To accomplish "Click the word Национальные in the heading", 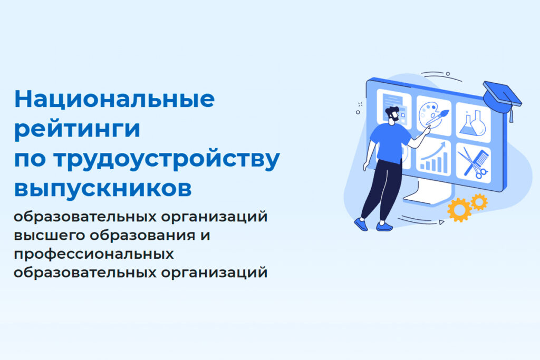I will pos(114,99).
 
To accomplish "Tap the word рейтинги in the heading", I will pos(77,130).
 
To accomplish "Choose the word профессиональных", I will pos(94,254).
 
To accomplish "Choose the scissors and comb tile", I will pos(473,162).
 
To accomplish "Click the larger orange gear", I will pos(459,210).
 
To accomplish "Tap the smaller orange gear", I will pos(479,202).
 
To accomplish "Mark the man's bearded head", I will pos(392,115).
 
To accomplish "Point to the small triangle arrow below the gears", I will pos(441,223).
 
